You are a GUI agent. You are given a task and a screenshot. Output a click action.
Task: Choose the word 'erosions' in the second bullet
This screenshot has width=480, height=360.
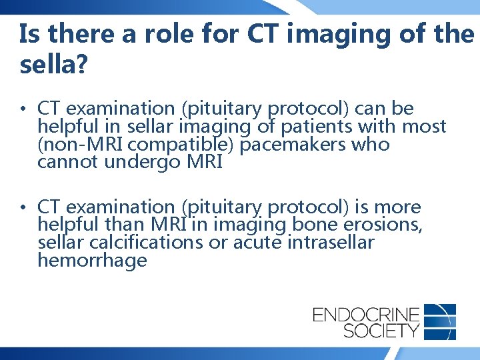387,225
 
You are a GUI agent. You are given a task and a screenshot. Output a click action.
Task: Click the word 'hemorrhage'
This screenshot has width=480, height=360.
92,261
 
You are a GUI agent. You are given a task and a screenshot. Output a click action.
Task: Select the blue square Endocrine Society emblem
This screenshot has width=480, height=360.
440,321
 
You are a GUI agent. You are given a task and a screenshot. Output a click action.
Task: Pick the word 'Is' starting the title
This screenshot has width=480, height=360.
29,35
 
